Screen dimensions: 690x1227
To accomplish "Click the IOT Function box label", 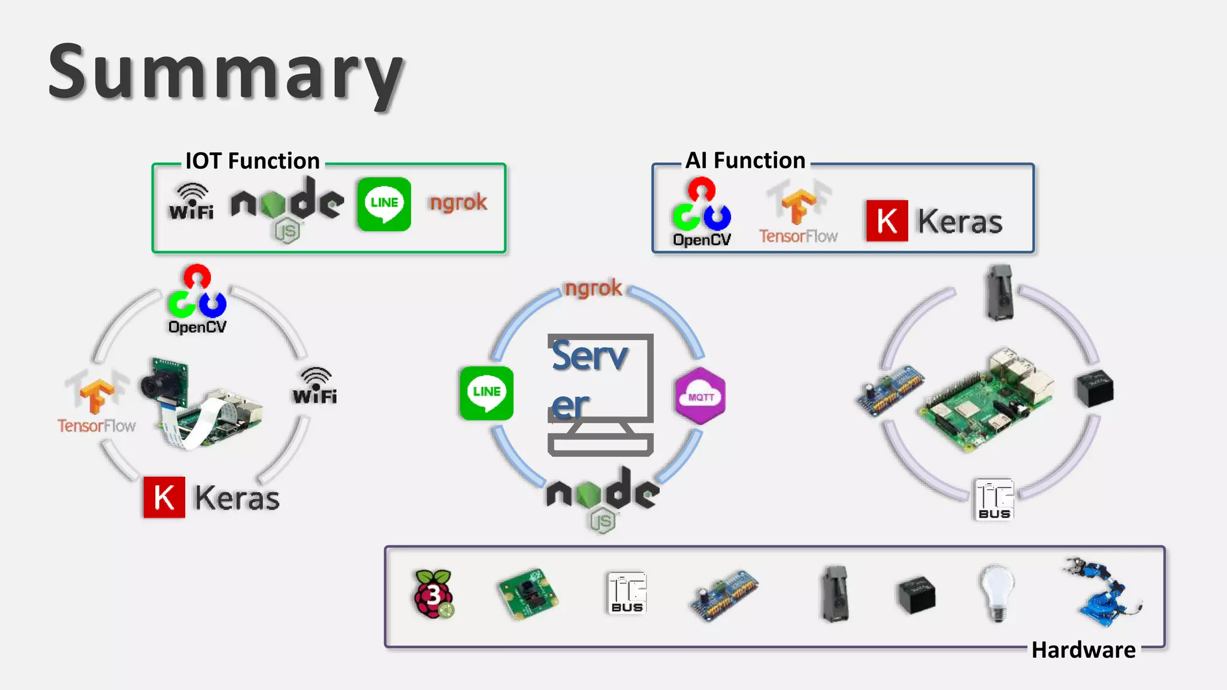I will (x=252, y=161).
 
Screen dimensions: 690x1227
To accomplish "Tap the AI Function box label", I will (x=745, y=161).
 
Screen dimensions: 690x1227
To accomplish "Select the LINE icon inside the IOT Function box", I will (x=384, y=204).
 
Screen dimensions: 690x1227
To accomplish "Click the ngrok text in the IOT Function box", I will (x=458, y=203).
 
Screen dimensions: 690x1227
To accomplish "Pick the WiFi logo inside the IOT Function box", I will (x=191, y=202).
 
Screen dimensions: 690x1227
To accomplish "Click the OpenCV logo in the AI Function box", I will (x=702, y=213).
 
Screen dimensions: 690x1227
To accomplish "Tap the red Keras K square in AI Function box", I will (x=887, y=221).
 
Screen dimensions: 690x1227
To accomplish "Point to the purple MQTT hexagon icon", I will (x=700, y=397).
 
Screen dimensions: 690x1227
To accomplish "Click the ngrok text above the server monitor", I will (x=593, y=288).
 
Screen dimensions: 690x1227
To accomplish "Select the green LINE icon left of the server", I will (x=486, y=393).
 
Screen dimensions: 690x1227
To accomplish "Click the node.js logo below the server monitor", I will (x=603, y=497).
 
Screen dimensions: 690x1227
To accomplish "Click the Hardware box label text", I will (x=1083, y=650).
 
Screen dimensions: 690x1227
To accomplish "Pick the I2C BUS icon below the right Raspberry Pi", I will (x=995, y=499).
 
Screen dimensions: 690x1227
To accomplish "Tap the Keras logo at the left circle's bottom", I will (x=211, y=498).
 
